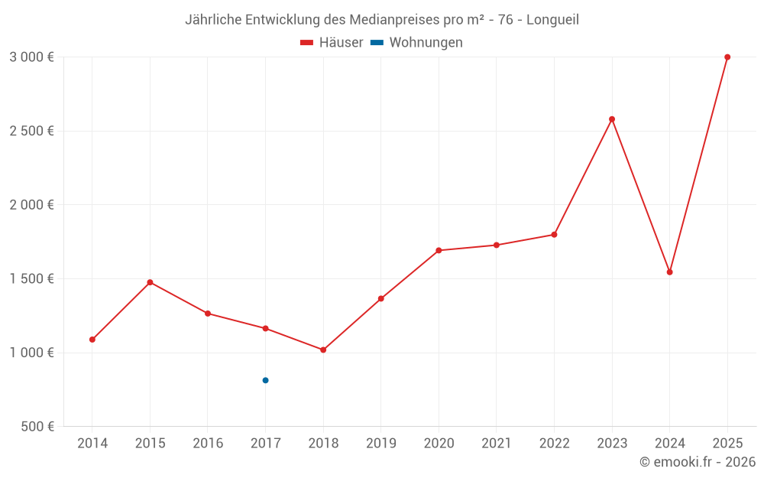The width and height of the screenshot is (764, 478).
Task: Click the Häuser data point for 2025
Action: click(x=727, y=57)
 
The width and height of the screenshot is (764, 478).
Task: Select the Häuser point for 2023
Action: click(x=612, y=119)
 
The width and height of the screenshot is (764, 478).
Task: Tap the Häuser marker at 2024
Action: click(x=670, y=272)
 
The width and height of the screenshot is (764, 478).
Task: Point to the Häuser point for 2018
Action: click(x=323, y=350)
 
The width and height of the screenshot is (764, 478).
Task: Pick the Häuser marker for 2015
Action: click(x=150, y=282)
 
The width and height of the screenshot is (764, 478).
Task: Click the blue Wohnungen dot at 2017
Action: click(x=265, y=380)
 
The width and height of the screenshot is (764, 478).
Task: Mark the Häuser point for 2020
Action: click(x=439, y=250)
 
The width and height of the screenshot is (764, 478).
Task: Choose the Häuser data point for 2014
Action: click(x=92, y=340)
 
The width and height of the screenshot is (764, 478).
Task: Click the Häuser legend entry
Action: click(x=332, y=43)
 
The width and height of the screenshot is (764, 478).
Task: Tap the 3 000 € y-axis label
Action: click(x=31, y=57)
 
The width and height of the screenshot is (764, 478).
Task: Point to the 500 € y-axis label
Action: click(x=37, y=427)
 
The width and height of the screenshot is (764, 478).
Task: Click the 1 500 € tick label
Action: click(x=31, y=279)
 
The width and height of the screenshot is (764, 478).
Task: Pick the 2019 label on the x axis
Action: click(x=380, y=444)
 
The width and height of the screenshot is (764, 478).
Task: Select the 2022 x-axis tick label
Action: click(x=554, y=444)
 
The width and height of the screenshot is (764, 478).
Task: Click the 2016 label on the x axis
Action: click(x=208, y=444)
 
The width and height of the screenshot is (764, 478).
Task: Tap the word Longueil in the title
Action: click(x=552, y=20)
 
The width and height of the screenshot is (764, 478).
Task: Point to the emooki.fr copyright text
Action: click(x=698, y=462)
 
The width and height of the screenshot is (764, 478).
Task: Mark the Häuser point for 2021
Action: click(x=497, y=245)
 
